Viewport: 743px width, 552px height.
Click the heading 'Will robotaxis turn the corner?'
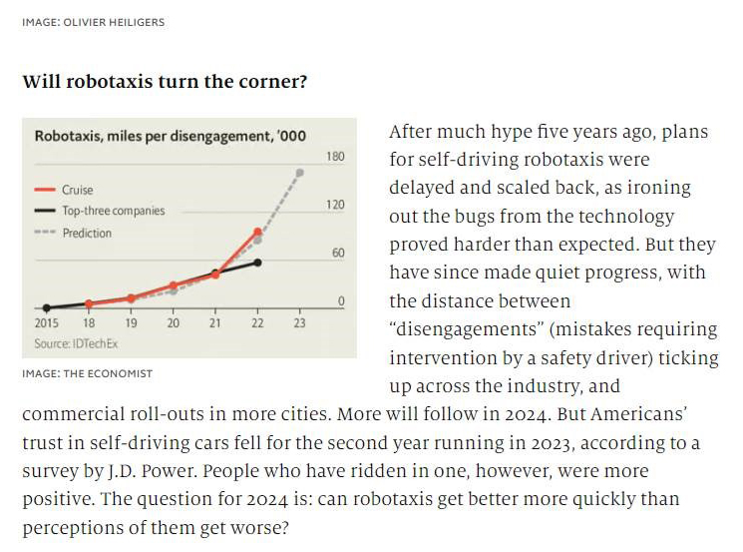tap(165, 81)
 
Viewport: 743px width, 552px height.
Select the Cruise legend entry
tap(77, 190)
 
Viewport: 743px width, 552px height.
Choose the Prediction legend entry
tap(87, 233)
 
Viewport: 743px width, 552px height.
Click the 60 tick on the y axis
tap(338, 253)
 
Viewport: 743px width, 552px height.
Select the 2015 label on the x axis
tap(46, 323)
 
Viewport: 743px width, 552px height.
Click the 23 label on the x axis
tap(299, 323)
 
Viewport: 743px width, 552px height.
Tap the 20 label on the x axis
tap(173, 323)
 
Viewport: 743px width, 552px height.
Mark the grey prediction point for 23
tap(299, 172)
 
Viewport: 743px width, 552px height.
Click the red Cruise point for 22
tap(257, 232)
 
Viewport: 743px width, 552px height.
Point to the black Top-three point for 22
tap(257, 262)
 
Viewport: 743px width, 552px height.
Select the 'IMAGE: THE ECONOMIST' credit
tap(87, 373)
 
